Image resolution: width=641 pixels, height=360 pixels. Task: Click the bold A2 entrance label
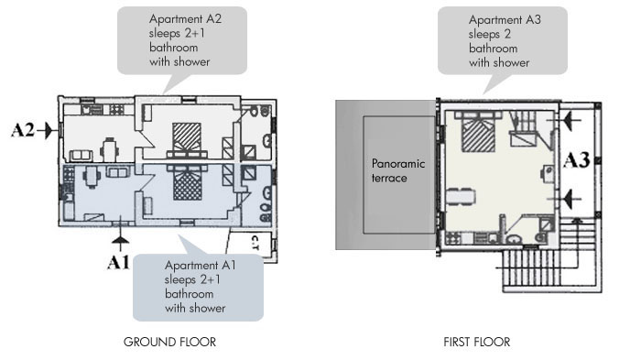23,130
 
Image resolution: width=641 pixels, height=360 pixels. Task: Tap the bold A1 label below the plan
118,262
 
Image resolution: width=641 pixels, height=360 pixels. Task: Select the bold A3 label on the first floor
576,160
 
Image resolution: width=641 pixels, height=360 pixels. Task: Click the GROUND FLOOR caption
169,342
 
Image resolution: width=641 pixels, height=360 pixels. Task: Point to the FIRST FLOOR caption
477,342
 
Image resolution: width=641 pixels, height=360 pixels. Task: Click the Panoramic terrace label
398,170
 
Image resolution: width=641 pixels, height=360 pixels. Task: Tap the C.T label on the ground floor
255,243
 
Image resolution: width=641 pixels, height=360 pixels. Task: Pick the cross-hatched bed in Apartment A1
187,183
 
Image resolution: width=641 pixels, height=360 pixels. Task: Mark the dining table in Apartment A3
461,197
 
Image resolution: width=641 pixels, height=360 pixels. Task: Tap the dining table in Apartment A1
92,176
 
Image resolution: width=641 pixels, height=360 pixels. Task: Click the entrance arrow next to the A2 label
45,130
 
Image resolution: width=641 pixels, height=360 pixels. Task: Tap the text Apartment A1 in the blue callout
201,265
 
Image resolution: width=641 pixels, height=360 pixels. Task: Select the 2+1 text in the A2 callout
194,33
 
